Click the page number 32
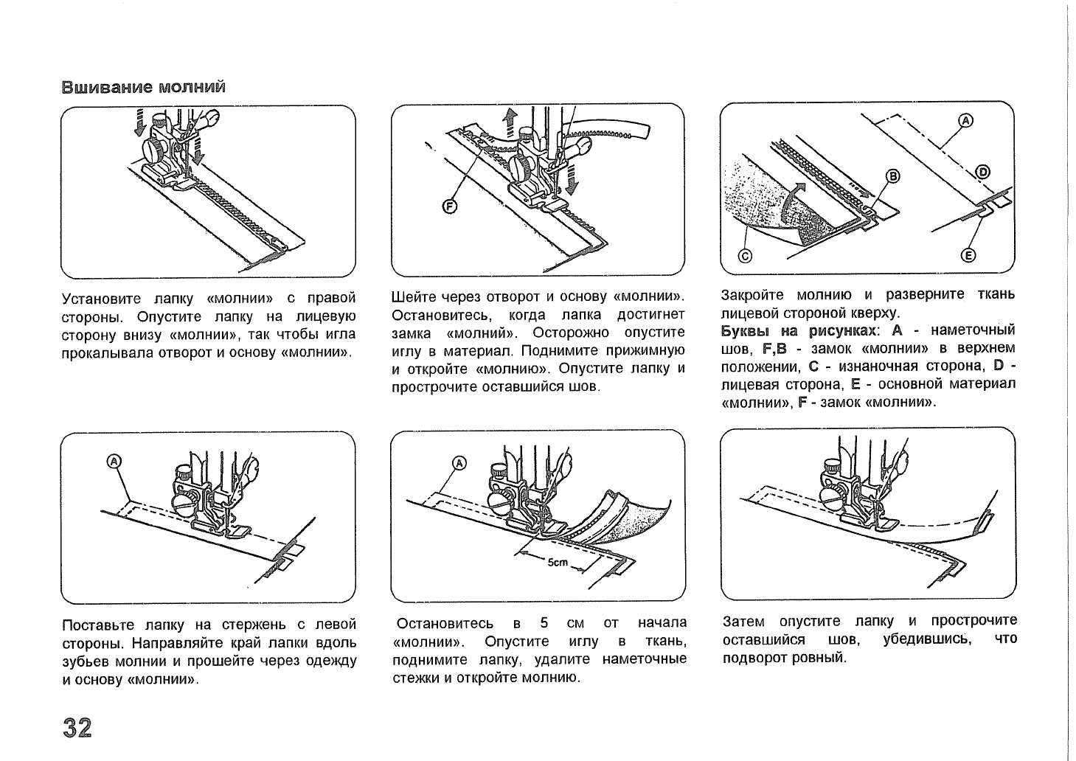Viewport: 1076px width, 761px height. click(x=77, y=727)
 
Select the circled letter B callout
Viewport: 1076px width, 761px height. click(x=893, y=176)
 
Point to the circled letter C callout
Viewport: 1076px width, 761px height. click(x=745, y=255)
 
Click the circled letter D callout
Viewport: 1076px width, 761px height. click(x=982, y=173)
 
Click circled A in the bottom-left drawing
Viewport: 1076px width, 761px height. click(x=114, y=461)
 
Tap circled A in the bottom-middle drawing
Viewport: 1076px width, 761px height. click(x=459, y=463)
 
